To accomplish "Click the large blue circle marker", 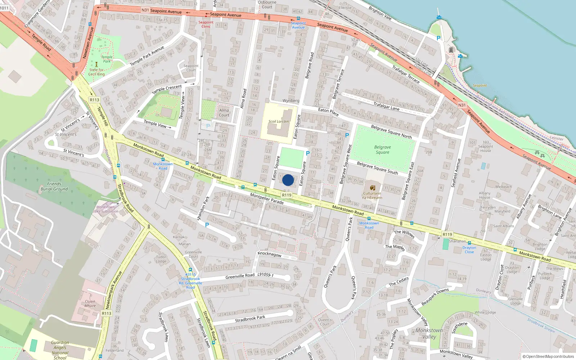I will click(288, 180).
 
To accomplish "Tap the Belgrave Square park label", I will click(382, 150).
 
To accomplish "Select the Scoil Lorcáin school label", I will click(278, 121).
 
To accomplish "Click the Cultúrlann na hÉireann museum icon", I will click(373, 188).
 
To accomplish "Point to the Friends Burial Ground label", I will click(54, 186).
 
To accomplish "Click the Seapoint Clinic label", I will click(206, 24).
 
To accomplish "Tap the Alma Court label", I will click(224, 113).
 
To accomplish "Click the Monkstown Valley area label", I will click(429, 333).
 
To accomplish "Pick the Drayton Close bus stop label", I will click(469, 250).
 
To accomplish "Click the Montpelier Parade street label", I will click(267, 199).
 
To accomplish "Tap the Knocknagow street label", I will click(270, 254).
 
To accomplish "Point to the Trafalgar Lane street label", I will click(386, 106).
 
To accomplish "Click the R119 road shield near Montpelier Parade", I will click(287, 195).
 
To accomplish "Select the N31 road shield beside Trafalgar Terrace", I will click(462, 105).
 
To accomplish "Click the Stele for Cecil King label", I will click(96, 72).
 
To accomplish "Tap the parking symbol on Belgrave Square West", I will click(347, 135).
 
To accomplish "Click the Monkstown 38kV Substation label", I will click(105, 209).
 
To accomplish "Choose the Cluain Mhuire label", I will click(90, 303).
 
